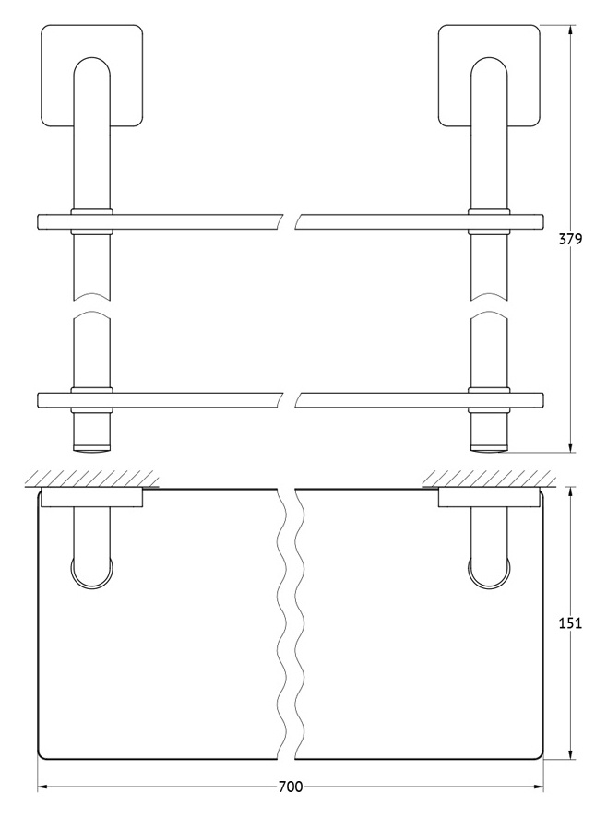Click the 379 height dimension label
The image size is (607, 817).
tap(570, 239)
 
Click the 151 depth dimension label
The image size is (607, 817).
tap(570, 622)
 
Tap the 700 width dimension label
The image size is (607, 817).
tap(291, 787)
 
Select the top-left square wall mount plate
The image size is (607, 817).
tap(91, 76)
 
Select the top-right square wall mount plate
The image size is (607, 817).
tap(489, 76)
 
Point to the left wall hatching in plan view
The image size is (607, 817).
tap(92, 479)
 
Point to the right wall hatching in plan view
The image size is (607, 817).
tap(489, 479)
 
